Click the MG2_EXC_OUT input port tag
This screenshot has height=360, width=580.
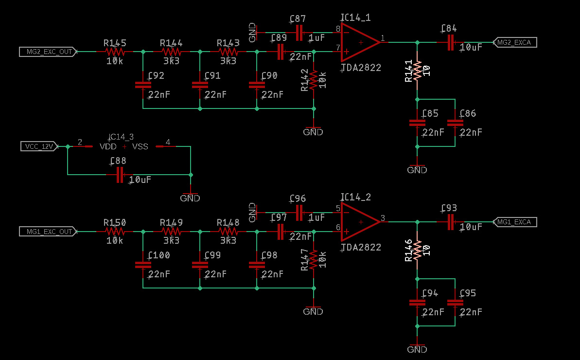pyautogui.click(x=48, y=52)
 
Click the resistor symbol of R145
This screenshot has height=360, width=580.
pyautogui.click(x=115, y=52)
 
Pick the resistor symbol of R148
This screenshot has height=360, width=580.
pyautogui.click(x=228, y=232)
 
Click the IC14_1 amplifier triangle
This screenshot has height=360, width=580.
pyautogui.click(x=359, y=42)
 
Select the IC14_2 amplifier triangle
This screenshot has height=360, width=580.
pyautogui.click(x=359, y=222)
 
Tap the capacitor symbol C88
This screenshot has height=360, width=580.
pyautogui.click(x=120, y=175)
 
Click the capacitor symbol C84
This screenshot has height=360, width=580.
pyautogui.click(x=451, y=42)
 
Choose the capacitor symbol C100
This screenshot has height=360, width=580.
pyautogui.click(x=143, y=265)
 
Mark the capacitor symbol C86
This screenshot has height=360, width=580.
pyautogui.click(x=455, y=123)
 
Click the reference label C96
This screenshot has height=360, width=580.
pyautogui.click(x=298, y=198)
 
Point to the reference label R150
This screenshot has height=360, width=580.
pyautogui.click(x=115, y=223)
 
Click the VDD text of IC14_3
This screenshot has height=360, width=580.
pyautogui.click(x=108, y=146)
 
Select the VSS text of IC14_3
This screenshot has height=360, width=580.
pyautogui.click(x=140, y=146)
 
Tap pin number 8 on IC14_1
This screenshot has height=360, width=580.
pyautogui.click(x=337, y=29)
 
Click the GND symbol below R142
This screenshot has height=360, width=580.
pyautogui.click(x=313, y=132)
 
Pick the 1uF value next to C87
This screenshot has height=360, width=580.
pyautogui.click(x=316, y=38)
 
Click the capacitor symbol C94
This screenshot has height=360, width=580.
pyautogui.click(x=417, y=302)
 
